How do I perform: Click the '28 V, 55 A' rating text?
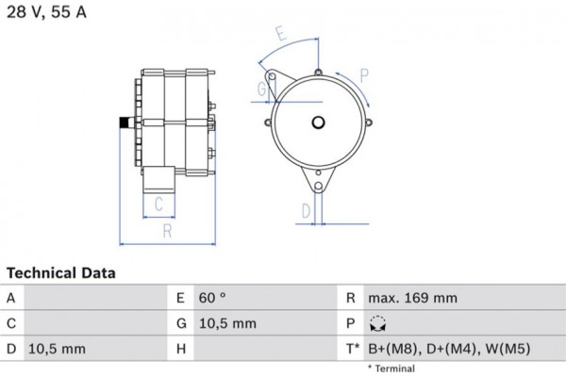pyautogui.click(x=49, y=14)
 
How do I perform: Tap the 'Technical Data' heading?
pyautogui.click(x=61, y=273)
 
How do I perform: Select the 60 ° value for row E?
pyautogui.click(x=212, y=298)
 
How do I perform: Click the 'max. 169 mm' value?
pyautogui.click(x=412, y=298)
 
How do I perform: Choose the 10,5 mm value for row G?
pyautogui.click(x=228, y=323)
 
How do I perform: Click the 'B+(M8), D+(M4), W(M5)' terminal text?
pyautogui.click(x=448, y=349)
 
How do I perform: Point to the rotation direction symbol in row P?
pyautogui.click(x=377, y=323)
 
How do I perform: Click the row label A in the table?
pyautogui.click(x=10, y=298)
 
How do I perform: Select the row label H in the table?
pyautogui.click(x=180, y=349)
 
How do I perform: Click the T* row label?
pyautogui.click(x=351, y=349)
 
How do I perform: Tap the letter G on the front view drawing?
pyautogui.click(x=261, y=90)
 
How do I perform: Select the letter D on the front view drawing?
pyautogui.click(x=306, y=210)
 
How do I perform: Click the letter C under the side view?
pyautogui.click(x=159, y=203)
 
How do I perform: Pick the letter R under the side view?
pyautogui.click(x=166, y=230)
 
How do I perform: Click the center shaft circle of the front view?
pyautogui.click(x=318, y=123)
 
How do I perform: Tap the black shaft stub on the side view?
pyautogui.click(x=125, y=122)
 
